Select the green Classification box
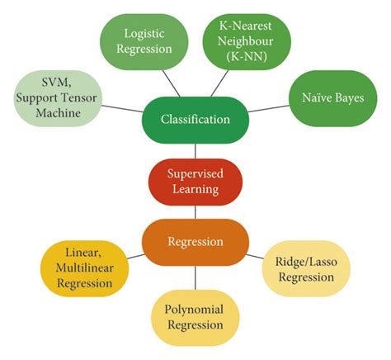(x=195, y=120)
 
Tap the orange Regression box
(x=195, y=242)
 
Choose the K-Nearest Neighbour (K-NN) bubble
(x=245, y=40)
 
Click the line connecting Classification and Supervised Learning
(x=195, y=150)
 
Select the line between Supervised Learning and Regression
(x=195, y=212)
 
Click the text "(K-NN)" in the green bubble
(x=245, y=56)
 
